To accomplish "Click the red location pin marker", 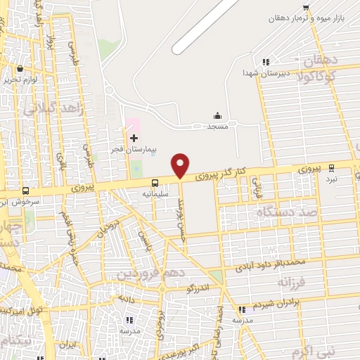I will pyautogui.click(x=181, y=165).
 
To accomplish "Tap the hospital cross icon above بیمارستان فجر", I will pyautogui.click(x=134, y=138).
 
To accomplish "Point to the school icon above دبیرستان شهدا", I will pyautogui.click(x=266, y=63).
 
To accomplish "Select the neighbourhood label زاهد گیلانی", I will pyautogui.click(x=53, y=108).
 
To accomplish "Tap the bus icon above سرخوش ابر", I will pyautogui.click(x=26, y=191).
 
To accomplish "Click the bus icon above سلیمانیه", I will pyautogui.click(x=146, y=182).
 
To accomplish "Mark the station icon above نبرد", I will pyautogui.click(x=332, y=169).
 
